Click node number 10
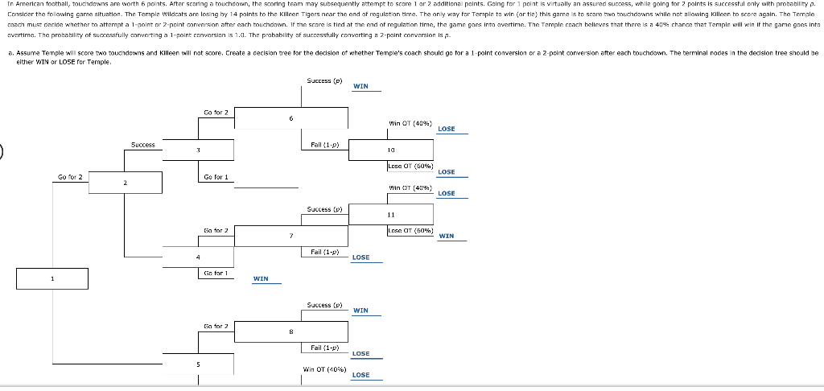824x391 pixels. click(x=390, y=150)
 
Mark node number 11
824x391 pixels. click(x=390, y=215)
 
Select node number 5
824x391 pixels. click(x=198, y=364)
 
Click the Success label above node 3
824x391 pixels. click(x=143, y=145)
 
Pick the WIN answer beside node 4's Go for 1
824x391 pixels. click(x=261, y=279)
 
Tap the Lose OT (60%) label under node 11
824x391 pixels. click(x=410, y=231)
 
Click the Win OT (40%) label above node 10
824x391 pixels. click(x=410, y=123)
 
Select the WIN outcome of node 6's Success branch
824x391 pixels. click(x=360, y=86)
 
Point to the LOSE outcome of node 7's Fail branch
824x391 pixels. click(x=360, y=257)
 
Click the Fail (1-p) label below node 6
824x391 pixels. click(x=323, y=145)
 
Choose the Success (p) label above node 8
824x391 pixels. click(x=324, y=305)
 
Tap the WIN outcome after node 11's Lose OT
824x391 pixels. click(x=447, y=236)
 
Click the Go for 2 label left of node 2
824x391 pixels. click(x=70, y=176)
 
